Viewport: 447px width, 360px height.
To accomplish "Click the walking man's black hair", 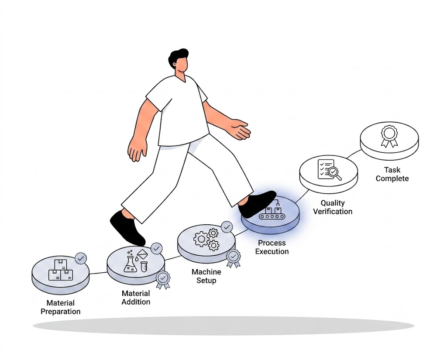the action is tap(177, 56).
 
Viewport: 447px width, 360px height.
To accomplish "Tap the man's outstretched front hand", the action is tap(241, 130).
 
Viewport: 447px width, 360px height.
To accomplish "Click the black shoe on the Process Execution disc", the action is tap(257, 203).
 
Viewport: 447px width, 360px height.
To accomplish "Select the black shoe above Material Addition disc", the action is tap(127, 228).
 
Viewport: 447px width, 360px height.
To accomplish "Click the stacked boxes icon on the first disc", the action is tap(61, 270).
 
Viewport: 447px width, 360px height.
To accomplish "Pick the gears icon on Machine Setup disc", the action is tap(206, 239).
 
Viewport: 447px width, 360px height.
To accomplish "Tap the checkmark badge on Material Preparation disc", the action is tap(81, 258).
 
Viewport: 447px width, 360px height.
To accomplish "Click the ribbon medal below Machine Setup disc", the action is tap(234, 258).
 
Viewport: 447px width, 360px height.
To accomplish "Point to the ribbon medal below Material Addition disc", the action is tap(163, 280).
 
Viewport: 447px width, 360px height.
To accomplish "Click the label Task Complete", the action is tap(392, 174).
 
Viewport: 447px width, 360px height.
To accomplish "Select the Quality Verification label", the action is tap(333, 207).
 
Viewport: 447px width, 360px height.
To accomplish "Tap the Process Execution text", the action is tap(272, 247).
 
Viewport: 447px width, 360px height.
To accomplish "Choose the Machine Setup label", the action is tap(206, 276).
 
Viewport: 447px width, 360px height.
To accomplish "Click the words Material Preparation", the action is tap(60, 307).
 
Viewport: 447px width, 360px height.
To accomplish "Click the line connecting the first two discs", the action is tap(98, 273).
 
